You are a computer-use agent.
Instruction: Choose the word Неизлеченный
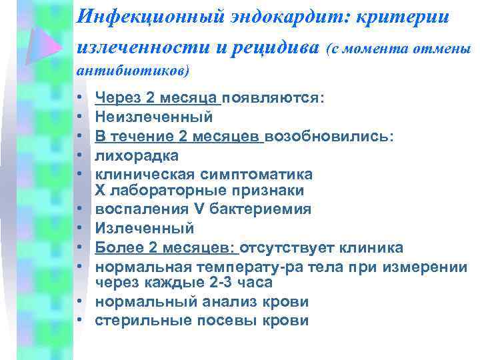point(154,117)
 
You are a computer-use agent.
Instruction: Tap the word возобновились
point(329,136)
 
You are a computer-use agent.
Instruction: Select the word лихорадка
point(137,155)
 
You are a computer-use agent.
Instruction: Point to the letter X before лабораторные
point(101,191)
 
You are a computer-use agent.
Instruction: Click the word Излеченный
point(145,229)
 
